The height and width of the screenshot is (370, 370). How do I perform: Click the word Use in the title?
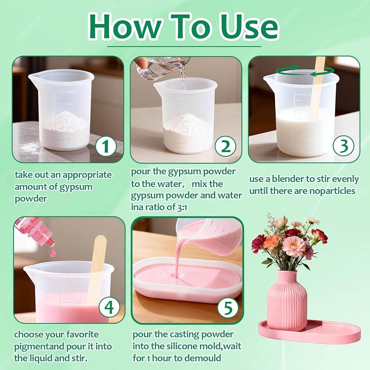pos(249,26)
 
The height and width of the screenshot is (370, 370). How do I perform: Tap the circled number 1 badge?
pos(105,146)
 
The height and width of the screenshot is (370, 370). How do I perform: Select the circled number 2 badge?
pos(225,146)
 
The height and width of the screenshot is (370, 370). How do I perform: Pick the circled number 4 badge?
pos(109,307)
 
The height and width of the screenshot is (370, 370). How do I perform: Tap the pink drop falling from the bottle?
pos(53,253)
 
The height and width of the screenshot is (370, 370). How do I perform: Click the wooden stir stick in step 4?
pos(97,269)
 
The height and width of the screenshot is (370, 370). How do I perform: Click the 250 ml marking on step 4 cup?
pos(81,286)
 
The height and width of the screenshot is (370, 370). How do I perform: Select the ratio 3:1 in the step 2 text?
pos(181,208)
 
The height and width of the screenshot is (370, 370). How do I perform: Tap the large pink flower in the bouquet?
pos(294,246)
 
